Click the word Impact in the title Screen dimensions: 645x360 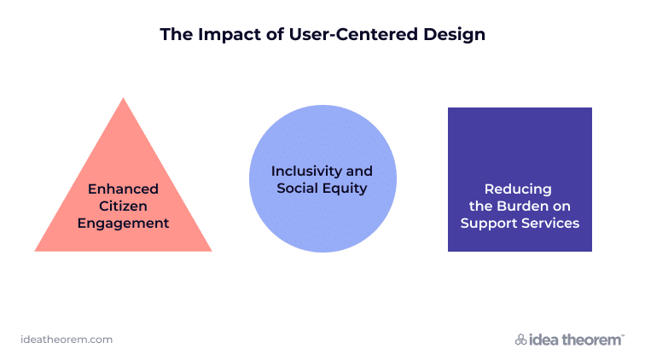pos(230,35)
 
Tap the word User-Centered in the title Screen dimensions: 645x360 pos(353,34)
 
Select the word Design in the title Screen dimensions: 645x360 pos(454,35)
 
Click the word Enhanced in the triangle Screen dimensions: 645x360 pos(123,189)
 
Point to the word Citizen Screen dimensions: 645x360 pos(123,206)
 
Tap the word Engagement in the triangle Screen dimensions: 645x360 pos(123,224)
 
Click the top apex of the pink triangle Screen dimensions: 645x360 pos(123,98)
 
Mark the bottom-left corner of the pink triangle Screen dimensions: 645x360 pos(35,251)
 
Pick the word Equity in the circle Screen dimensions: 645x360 pos(345,189)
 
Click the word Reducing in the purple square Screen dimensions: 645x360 pos(518,189)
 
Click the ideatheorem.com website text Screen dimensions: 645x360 pos(67,340)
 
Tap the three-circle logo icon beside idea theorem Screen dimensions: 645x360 pos(520,340)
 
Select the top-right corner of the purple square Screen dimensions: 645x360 pos(591,108)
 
